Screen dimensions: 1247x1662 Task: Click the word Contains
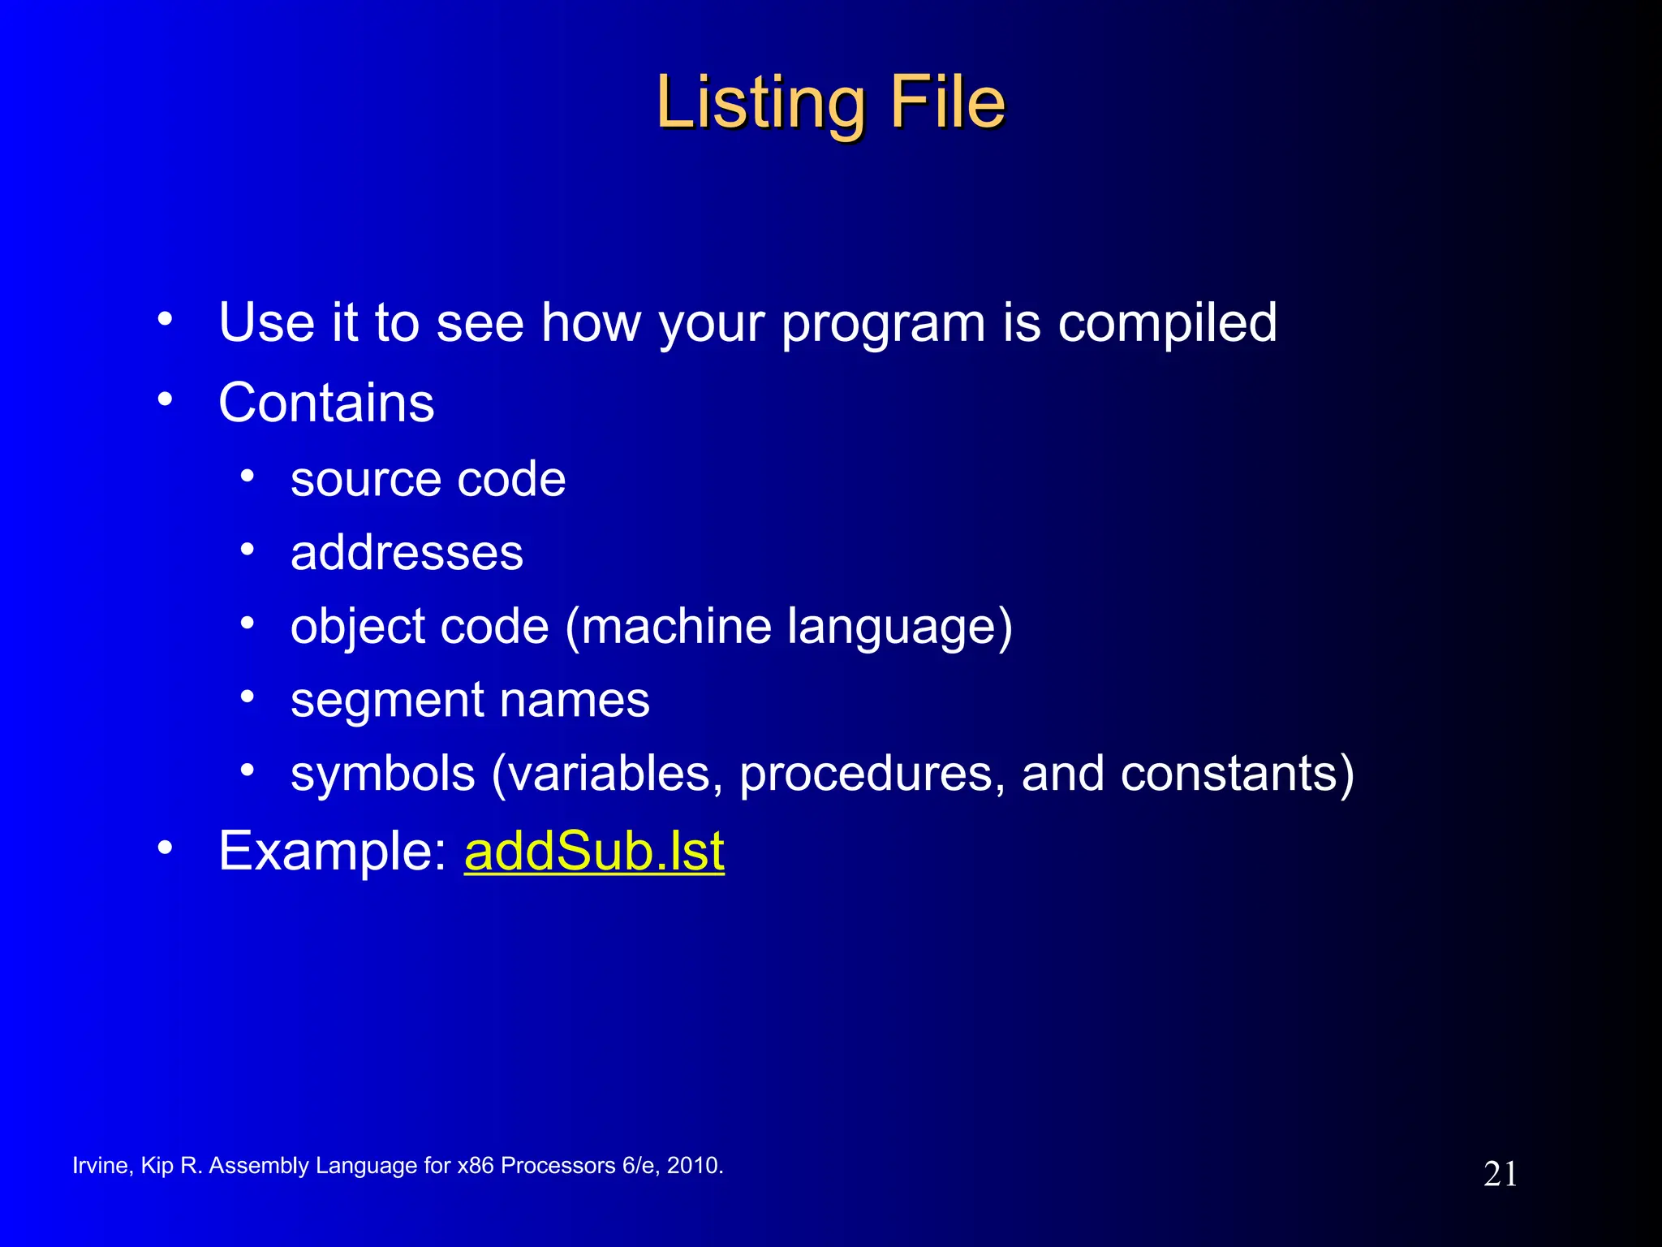click(326, 403)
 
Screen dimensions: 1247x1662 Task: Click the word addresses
click(407, 553)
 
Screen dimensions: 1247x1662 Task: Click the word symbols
click(382, 774)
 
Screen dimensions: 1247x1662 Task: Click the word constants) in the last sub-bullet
click(1237, 774)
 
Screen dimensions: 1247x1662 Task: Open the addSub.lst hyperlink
click(593, 852)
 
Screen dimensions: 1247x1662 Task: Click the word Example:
click(332, 852)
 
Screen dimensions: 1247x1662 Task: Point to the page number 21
click(1500, 1174)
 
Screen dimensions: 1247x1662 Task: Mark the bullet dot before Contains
click(166, 399)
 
